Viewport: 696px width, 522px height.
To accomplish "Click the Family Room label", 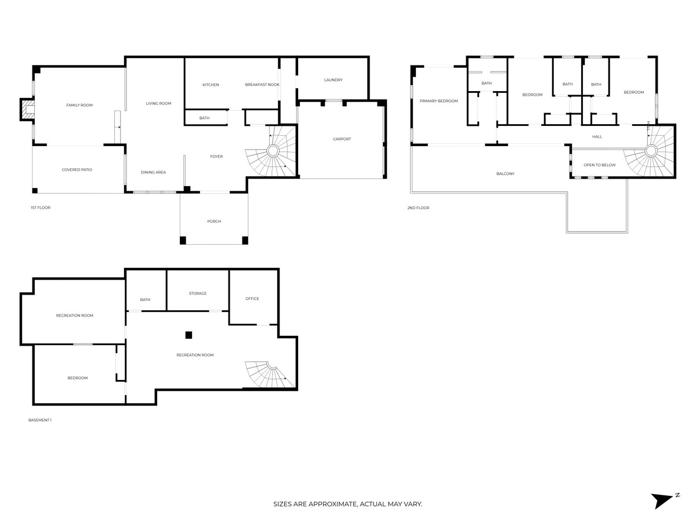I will coord(79,105).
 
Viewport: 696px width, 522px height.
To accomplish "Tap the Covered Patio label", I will coord(77,169).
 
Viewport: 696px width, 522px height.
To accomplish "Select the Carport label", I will coord(342,139).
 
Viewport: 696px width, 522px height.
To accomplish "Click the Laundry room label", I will coord(333,80).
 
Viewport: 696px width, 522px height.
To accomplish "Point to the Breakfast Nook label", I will coord(262,85).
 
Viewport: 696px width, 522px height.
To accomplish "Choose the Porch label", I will coord(214,221).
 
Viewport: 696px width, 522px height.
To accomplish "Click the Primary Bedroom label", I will coord(438,101).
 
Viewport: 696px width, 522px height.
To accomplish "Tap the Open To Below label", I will coord(600,165).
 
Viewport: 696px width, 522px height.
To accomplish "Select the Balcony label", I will coord(505,173).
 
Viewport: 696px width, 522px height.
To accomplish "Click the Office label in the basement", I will coord(252,299).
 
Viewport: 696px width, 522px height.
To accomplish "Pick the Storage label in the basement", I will coord(198,293).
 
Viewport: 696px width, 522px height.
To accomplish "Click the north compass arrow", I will coord(662,499).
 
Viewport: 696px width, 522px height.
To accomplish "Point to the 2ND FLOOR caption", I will coord(418,207).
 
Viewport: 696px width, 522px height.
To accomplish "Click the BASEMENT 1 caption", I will coord(40,420).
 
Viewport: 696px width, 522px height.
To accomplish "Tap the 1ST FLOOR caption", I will coord(41,207).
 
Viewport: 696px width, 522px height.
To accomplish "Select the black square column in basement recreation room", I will coord(188,335).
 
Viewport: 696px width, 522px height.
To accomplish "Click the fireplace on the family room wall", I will coord(27,109).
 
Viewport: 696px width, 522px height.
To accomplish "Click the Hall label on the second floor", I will coord(597,137).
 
